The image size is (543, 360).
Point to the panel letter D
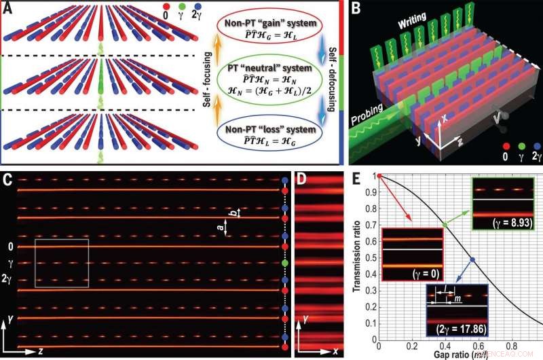[x=301, y=180]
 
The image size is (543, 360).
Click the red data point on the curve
[x=379, y=175]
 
